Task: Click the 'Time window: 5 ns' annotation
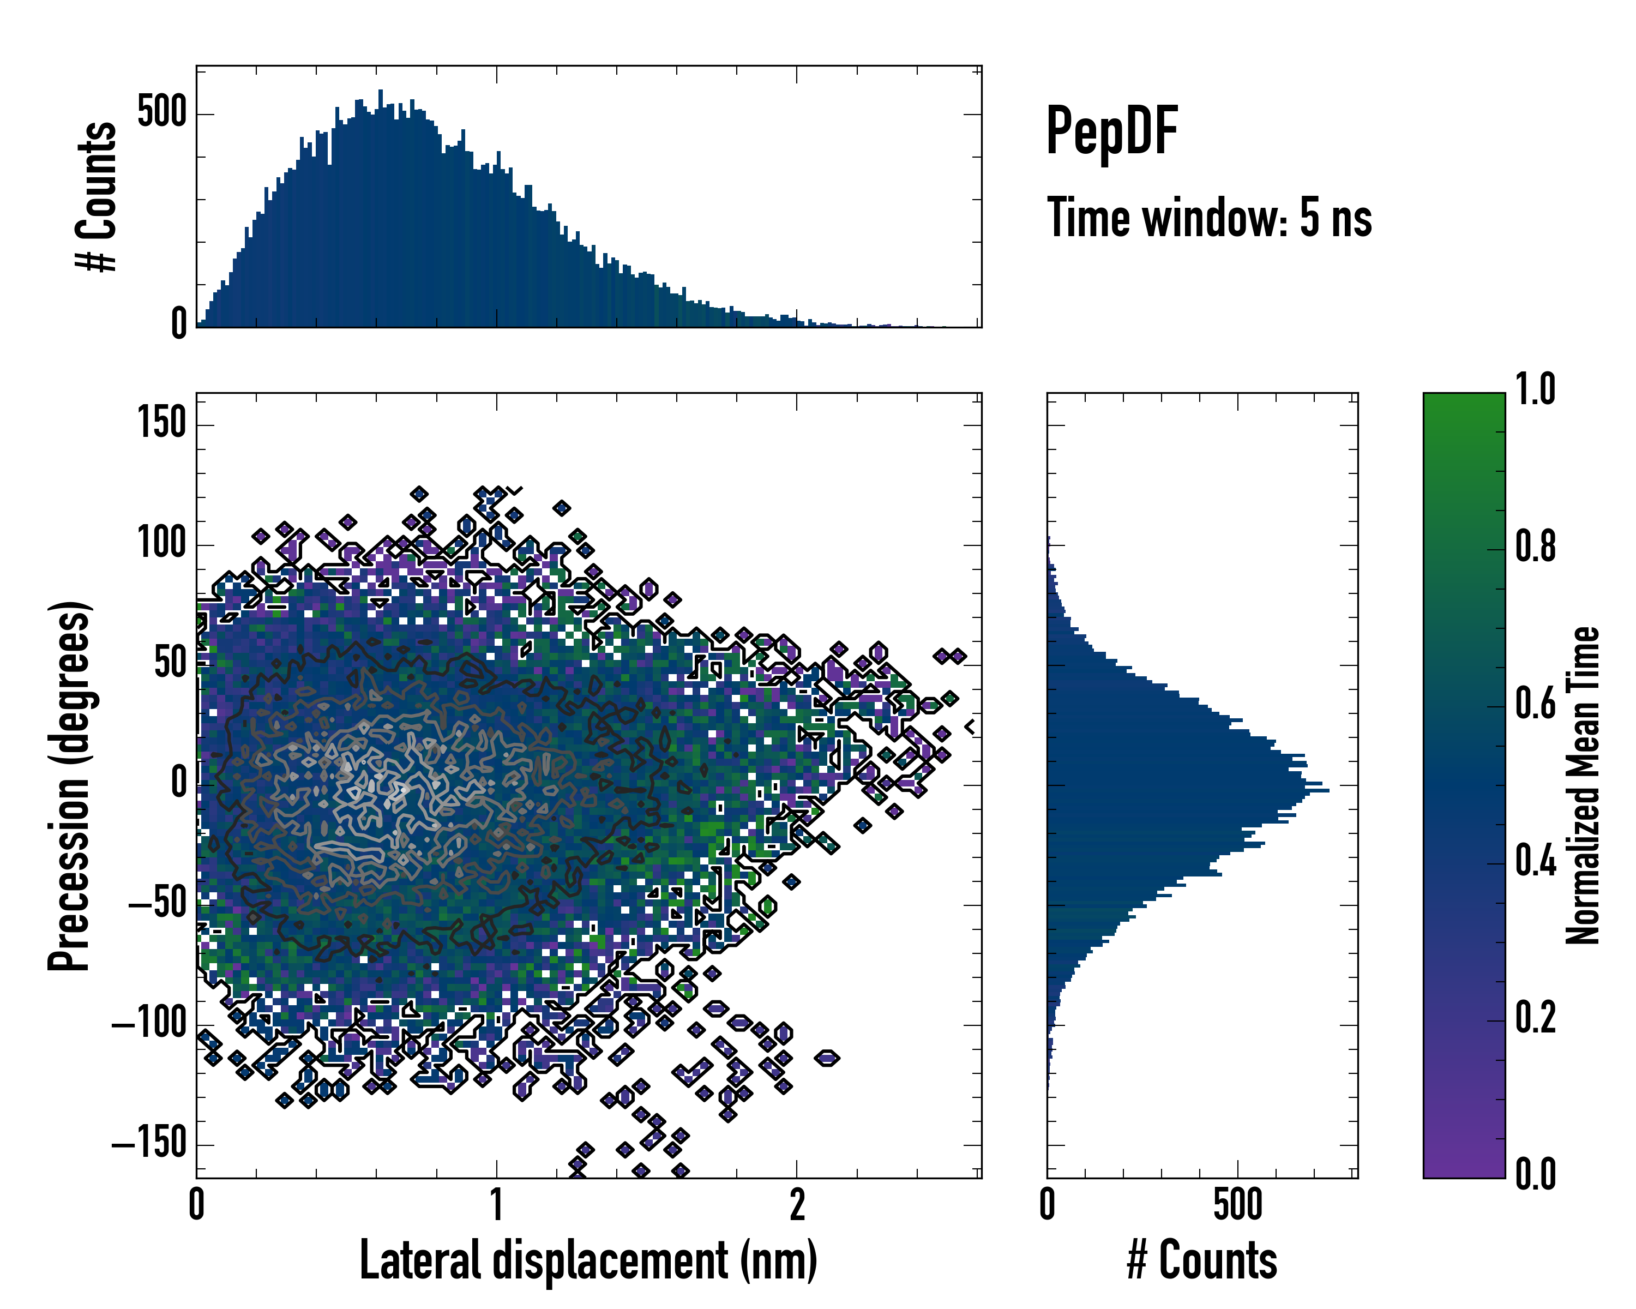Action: coord(1210,218)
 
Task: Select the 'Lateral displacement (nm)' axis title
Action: coord(588,1260)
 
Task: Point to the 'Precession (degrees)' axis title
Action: coord(70,785)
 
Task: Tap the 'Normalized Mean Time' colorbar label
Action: coord(1583,785)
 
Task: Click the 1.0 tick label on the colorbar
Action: coord(1535,389)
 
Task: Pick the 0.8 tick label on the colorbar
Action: coord(1535,547)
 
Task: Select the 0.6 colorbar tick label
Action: coord(1535,704)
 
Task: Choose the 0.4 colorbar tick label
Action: coord(1535,861)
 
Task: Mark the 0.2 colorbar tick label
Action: coord(1535,1018)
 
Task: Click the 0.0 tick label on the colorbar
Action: coord(1535,1174)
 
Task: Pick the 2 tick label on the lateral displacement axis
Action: coord(797,1205)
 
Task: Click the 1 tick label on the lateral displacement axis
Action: coord(496,1205)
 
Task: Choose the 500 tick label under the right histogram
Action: coord(1237,1205)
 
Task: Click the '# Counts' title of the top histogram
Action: coord(97,196)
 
